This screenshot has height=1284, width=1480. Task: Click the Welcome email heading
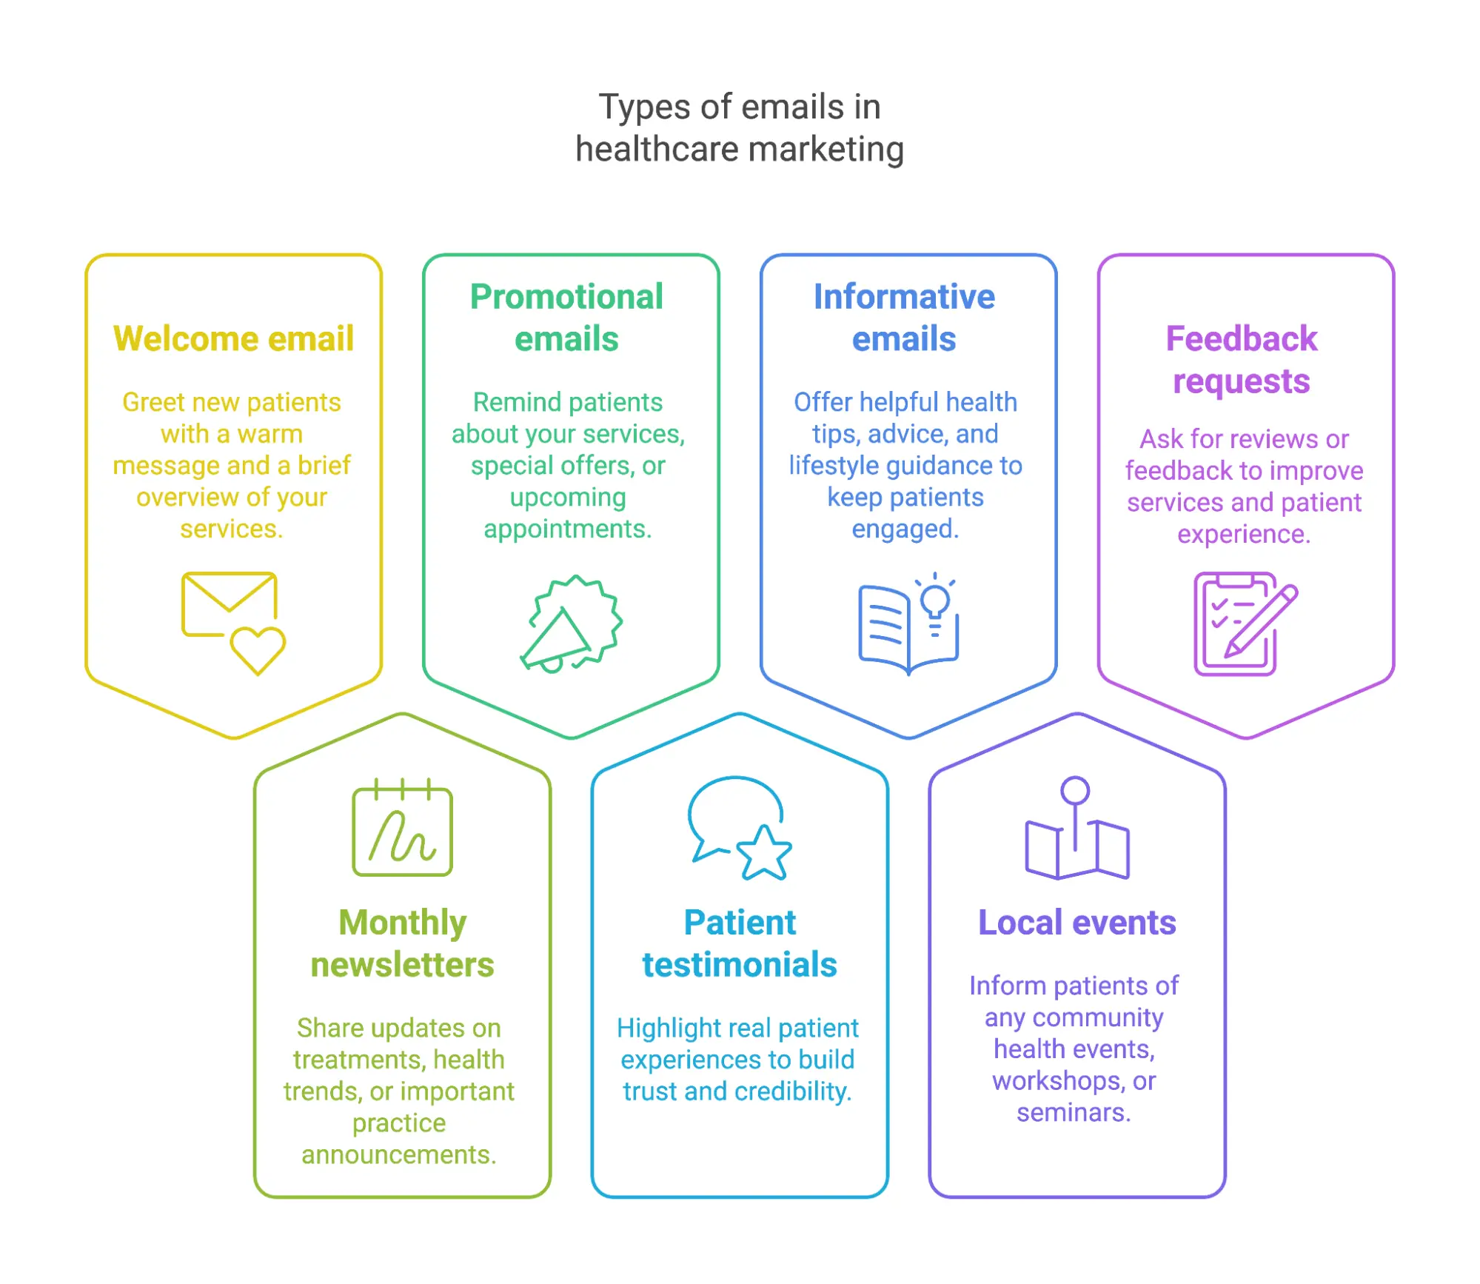(x=233, y=339)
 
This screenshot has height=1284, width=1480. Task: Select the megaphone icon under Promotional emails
(x=571, y=623)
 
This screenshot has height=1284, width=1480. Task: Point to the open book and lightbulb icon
(x=908, y=623)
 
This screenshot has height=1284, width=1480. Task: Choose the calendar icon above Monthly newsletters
(x=402, y=828)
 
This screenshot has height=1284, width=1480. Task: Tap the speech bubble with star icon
(x=740, y=828)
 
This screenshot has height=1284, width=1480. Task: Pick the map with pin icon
(x=1076, y=828)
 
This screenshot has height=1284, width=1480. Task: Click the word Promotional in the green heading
(x=566, y=297)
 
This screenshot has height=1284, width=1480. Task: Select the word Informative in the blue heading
(x=904, y=297)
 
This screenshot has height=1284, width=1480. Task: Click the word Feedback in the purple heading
(x=1242, y=339)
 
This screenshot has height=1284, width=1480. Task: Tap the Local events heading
(x=1076, y=923)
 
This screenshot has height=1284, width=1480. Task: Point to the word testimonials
(x=740, y=965)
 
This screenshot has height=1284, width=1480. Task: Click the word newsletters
(x=402, y=965)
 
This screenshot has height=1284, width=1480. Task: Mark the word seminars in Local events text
(x=1073, y=1112)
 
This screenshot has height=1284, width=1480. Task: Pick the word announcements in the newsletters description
(x=398, y=1154)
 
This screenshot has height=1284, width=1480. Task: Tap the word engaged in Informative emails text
(x=905, y=529)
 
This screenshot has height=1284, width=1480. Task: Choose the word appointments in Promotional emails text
(x=567, y=529)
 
